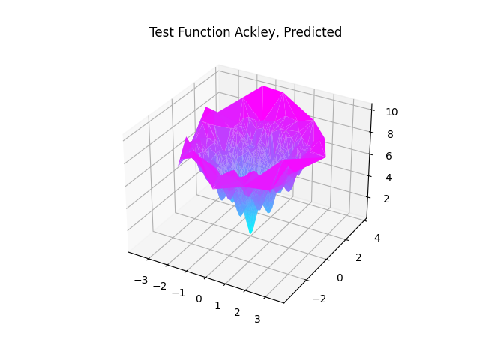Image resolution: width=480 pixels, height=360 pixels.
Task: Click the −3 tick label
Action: click(x=139, y=280)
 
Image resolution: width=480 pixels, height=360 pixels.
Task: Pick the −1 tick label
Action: click(x=178, y=292)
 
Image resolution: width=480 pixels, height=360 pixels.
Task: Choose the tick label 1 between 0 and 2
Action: click(x=217, y=305)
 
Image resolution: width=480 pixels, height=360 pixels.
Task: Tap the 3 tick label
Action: click(x=258, y=319)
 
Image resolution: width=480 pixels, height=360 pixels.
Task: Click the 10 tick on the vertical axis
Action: click(x=391, y=112)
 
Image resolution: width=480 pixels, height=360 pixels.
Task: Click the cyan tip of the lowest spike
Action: click(x=250, y=232)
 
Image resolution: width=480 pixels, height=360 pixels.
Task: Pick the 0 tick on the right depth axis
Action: click(x=339, y=277)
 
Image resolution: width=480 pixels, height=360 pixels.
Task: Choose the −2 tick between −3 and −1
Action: click(x=159, y=286)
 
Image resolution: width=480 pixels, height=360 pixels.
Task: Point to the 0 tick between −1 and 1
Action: click(x=199, y=298)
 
